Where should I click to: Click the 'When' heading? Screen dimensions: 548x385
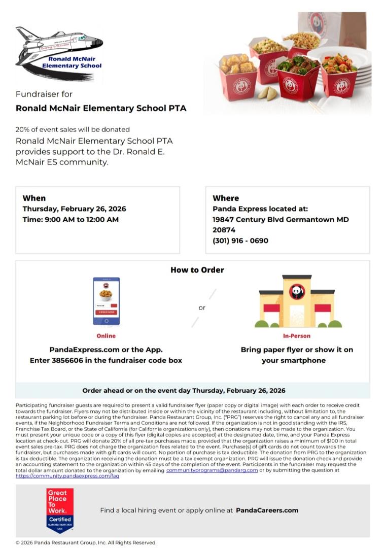[34, 198]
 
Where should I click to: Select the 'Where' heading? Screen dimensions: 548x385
[226, 198]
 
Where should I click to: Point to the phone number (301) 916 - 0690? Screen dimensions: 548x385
[240, 241]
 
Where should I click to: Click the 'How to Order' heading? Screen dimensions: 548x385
[197, 270]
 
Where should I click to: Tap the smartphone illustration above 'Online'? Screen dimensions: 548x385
[106, 301]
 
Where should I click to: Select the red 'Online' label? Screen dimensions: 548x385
[106, 336]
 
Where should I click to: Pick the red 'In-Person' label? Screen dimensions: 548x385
[297, 336]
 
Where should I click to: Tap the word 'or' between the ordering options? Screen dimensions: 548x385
[202, 307]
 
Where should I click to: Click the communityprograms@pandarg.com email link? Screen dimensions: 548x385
[212, 470]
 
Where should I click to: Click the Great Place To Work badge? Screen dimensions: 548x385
[60, 510]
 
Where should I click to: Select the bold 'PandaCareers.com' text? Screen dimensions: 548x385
[267, 510]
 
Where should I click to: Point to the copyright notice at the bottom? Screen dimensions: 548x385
[86, 542]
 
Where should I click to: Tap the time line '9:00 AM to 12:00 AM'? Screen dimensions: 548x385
[71, 219]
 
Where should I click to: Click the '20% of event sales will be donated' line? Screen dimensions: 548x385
[73, 129]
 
